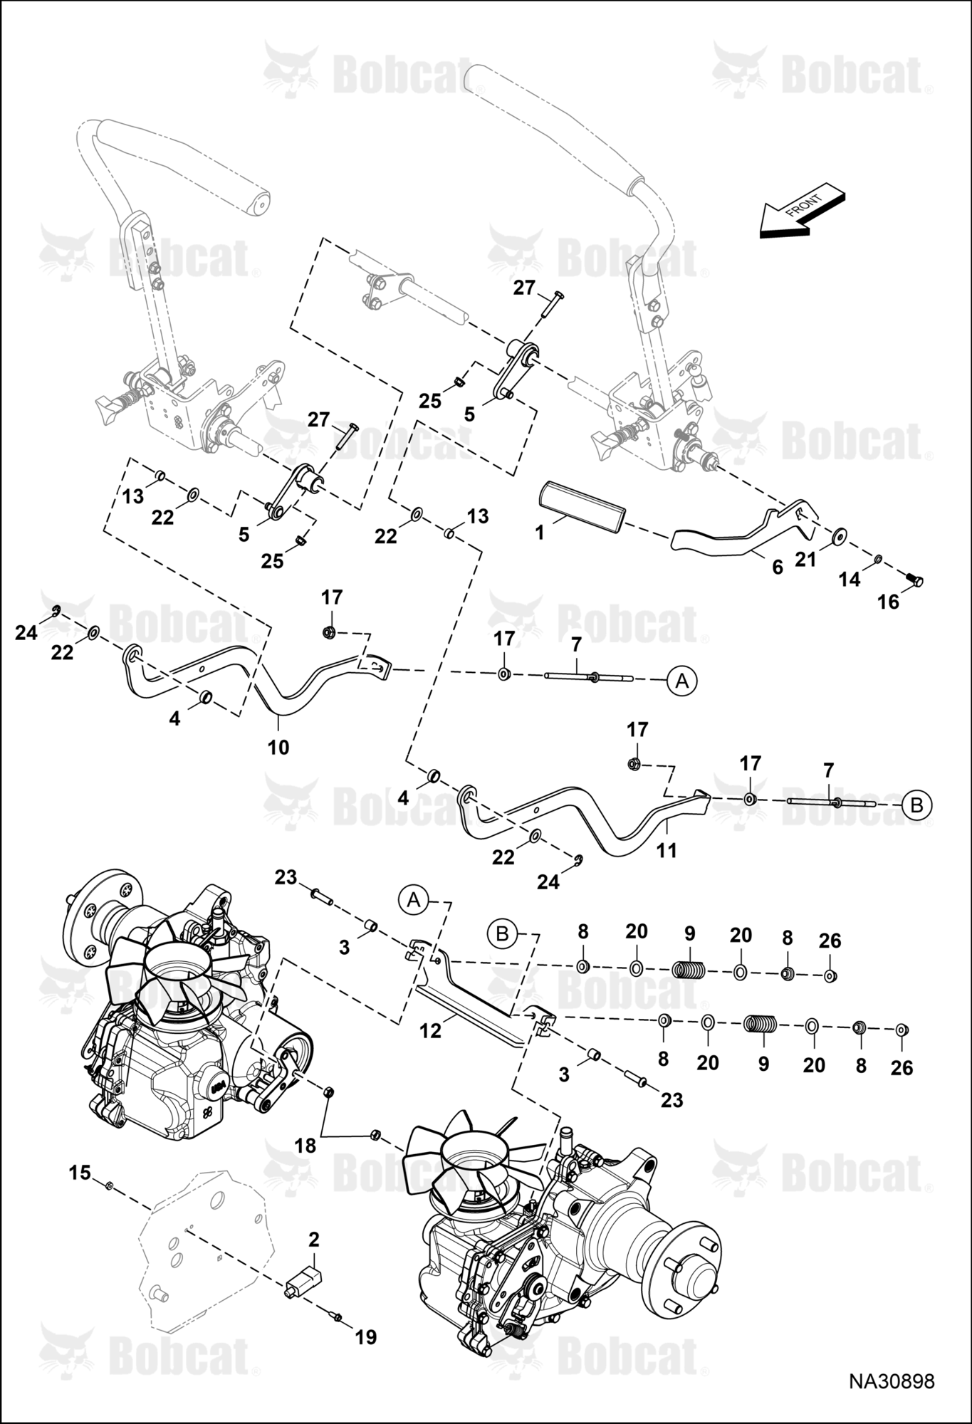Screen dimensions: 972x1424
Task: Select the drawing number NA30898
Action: coord(891,1381)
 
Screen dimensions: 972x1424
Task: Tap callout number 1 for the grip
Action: coord(540,532)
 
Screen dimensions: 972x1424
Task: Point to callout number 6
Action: coord(777,567)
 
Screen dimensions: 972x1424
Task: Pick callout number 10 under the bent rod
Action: coord(278,747)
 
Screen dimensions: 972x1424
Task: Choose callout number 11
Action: coord(667,849)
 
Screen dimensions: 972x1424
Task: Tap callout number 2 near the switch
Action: coord(314,1239)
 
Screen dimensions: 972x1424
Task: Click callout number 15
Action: coord(80,1172)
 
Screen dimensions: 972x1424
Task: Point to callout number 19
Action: coord(365,1337)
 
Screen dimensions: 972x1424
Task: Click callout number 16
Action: coord(888,602)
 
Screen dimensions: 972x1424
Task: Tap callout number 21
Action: coord(805,560)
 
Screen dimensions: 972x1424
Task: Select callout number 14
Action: coord(850,579)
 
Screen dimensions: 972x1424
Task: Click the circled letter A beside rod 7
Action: coord(682,681)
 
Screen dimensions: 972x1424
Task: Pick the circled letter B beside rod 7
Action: coord(916,805)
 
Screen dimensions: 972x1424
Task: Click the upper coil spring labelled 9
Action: coord(689,969)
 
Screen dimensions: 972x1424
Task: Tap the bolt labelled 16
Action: coord(914,581)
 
